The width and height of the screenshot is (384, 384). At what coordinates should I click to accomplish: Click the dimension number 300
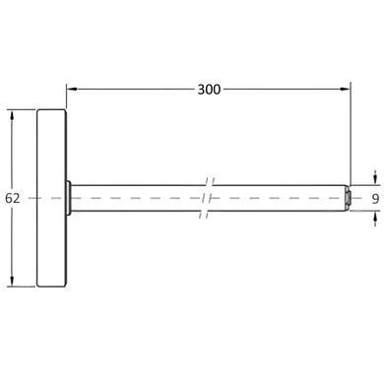209,90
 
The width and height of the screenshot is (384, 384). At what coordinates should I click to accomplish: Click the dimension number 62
13,198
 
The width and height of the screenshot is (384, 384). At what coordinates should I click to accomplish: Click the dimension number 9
376,199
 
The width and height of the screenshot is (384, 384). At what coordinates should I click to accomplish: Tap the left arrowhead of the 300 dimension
72,89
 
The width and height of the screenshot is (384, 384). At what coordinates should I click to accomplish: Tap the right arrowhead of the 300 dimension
345,89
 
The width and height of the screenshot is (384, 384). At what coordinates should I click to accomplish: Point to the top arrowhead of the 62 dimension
12,116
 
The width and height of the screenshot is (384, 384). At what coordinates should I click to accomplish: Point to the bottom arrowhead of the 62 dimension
12,281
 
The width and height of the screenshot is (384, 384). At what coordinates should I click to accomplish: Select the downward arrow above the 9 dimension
375,179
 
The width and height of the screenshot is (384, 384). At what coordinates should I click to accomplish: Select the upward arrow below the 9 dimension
375,218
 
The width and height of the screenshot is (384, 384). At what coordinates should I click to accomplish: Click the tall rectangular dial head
51,198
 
